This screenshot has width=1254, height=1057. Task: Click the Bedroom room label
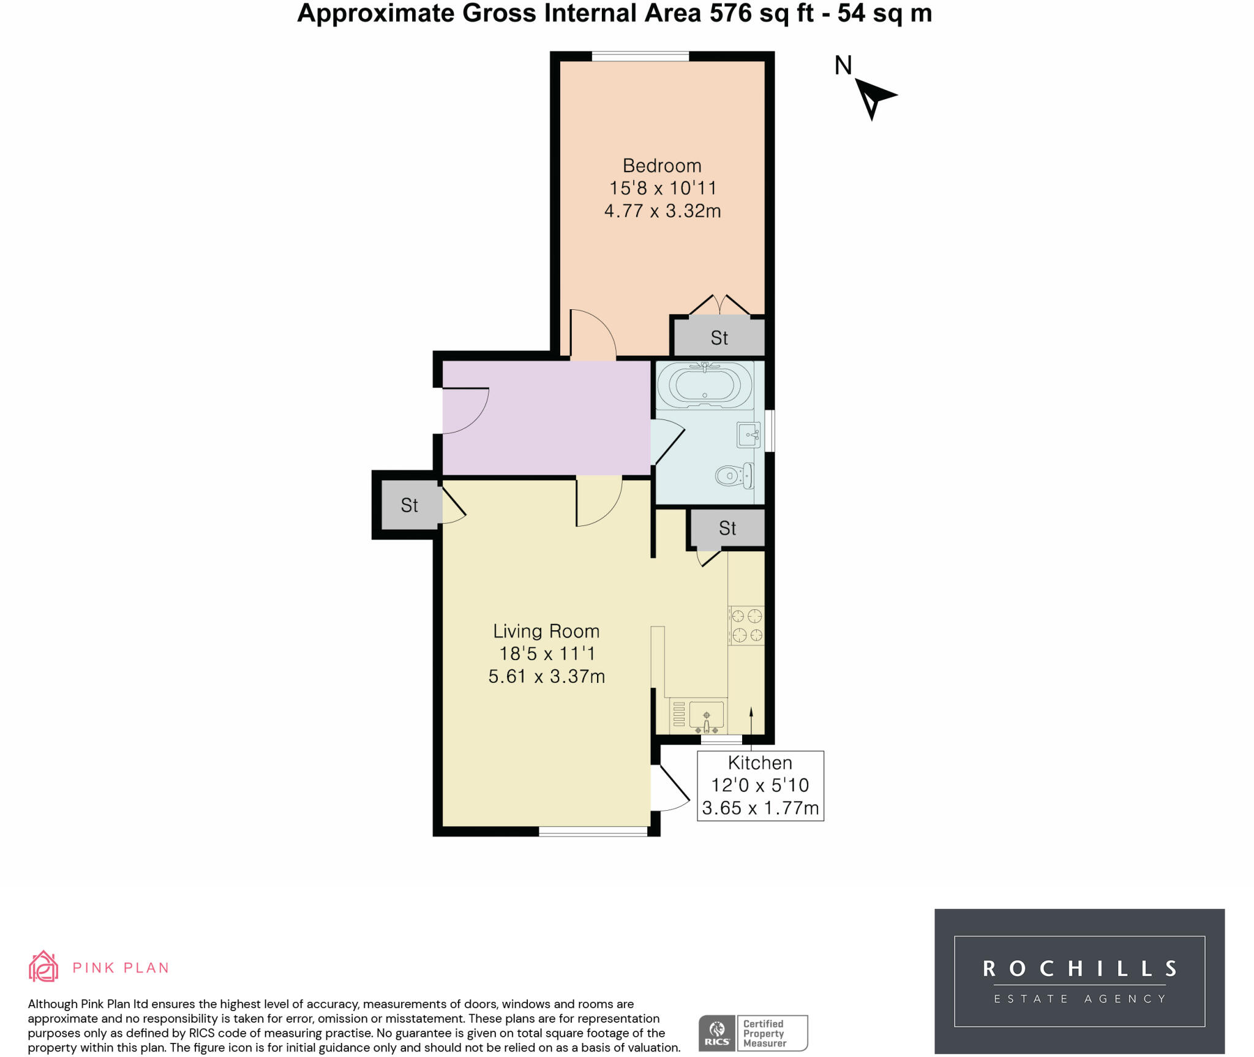[x=662, y=166]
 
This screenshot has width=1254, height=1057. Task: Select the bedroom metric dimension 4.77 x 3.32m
[x=663, y=211]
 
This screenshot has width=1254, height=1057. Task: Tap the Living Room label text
[x=546, y=631]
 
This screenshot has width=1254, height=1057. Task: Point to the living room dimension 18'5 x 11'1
[x=547, y=654]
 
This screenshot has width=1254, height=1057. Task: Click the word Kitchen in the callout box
[x=760, y=763]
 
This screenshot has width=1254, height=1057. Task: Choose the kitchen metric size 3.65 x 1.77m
[x=760, y=808]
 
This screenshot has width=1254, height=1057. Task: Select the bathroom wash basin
[x=749, y=435]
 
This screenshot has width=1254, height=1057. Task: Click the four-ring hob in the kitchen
[x=746, y=625]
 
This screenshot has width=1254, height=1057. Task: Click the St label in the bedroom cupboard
[x=719, y=338]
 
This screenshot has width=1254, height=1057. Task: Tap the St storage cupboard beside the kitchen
[x=727, y=528]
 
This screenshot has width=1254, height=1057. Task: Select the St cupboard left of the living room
[x=409, y=505]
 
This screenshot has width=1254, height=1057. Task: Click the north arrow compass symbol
[x=874, y=98]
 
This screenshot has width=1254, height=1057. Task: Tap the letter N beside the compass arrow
[x=843, y=66]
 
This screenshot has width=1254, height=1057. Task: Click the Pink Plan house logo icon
[x=43, y=967]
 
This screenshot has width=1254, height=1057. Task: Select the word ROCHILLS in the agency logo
[x=1079, y=968]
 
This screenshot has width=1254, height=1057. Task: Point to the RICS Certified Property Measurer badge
[x=753, y=1033]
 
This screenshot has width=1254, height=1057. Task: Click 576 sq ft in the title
[x=762, y=13]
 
